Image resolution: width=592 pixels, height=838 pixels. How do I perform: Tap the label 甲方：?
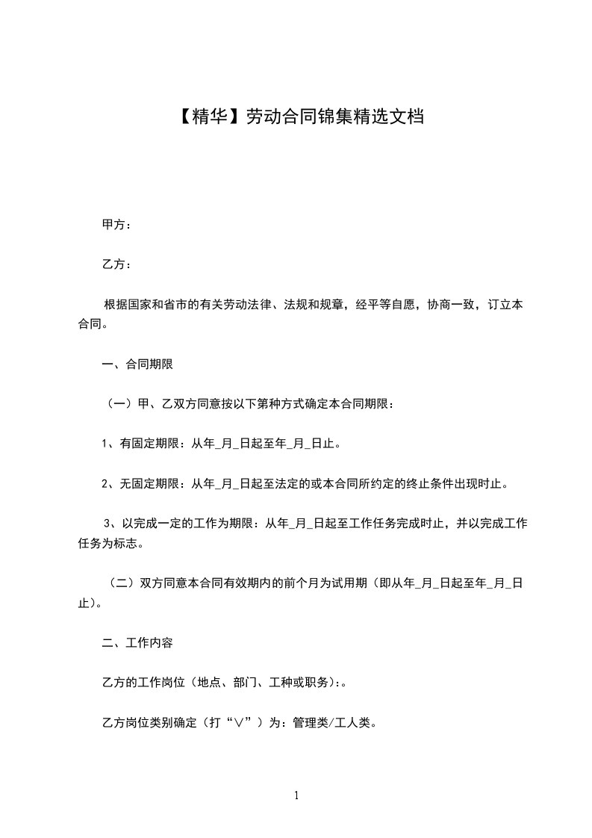point(116,224)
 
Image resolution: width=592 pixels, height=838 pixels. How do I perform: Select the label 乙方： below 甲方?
point(116,264)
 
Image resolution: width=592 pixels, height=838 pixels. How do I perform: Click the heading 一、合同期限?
point(137,365)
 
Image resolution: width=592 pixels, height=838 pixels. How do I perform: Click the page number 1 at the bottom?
point(296,796)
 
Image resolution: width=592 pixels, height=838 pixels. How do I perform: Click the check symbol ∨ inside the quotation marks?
point(238,723)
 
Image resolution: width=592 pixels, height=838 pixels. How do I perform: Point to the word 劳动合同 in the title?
point(272,117)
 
